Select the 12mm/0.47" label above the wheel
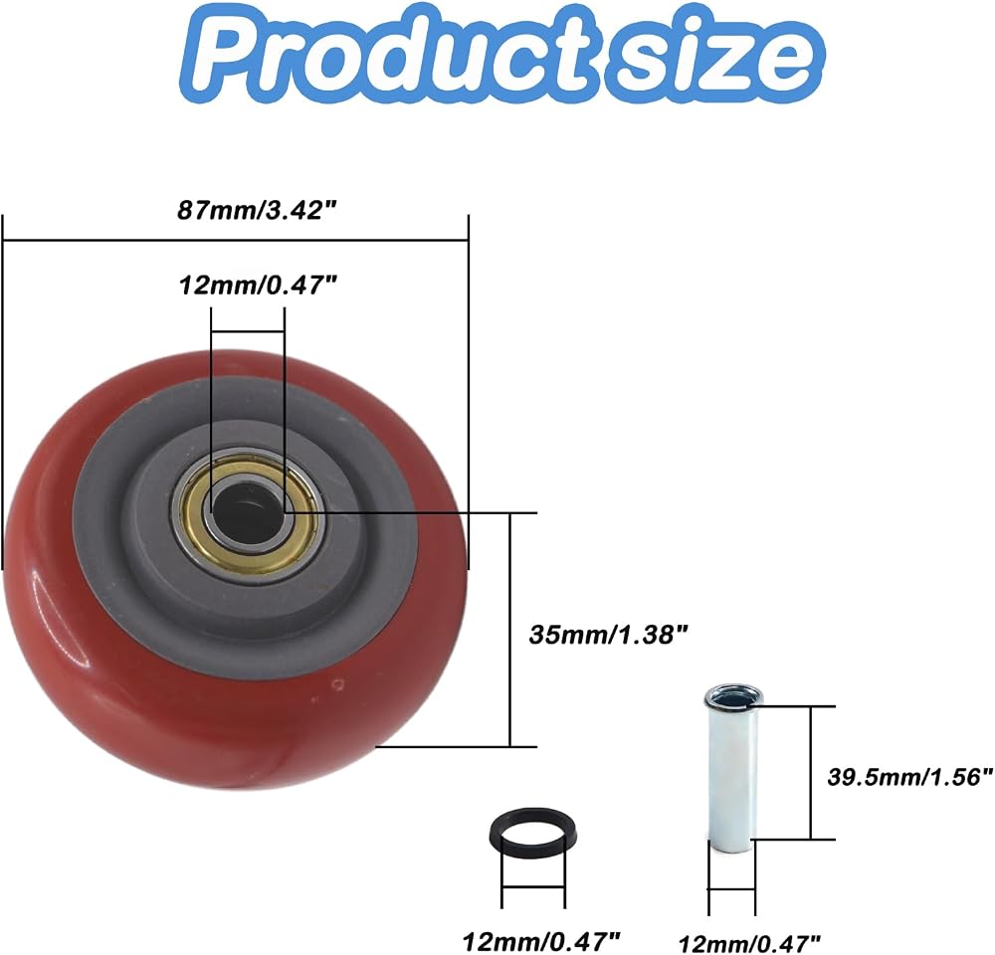258,285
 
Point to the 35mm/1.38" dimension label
608,634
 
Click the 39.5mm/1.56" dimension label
909,777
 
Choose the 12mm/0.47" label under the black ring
540,940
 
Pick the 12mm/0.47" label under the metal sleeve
749,943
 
